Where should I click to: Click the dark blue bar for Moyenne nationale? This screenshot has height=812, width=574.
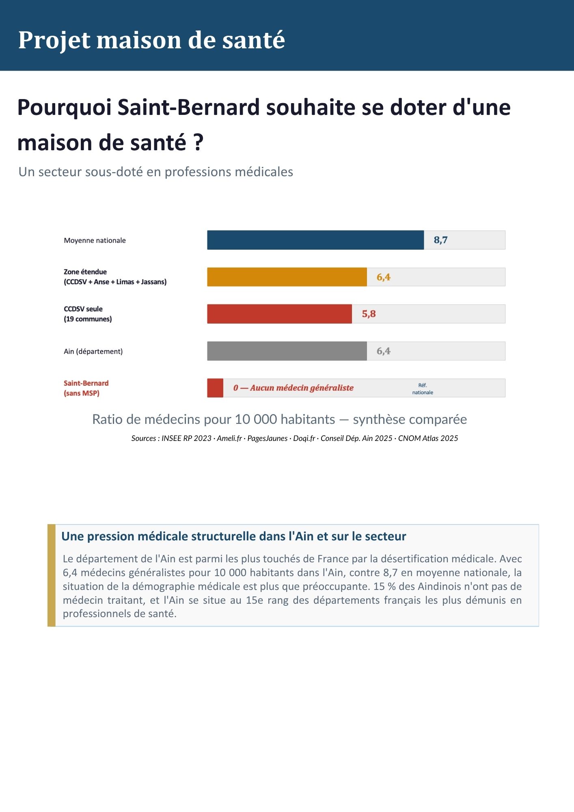(x=315, y=240)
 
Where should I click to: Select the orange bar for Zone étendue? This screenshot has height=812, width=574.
(x=287, y=277)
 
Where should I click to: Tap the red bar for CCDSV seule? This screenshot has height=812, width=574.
(x=280, y=314)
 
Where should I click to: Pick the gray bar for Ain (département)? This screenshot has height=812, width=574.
(x=287, y=351)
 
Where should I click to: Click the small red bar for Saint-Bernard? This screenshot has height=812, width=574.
(x=215, y=388)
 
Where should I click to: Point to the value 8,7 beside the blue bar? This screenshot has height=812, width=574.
(x=440, y=240)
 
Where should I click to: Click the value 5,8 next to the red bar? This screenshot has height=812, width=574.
(x=369, y=314)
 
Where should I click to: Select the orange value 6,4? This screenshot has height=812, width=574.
(x=384, y=277)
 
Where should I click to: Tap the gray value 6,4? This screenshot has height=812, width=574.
(x=384, y=351)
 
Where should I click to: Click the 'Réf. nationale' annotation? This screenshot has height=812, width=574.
(x=423, y=389)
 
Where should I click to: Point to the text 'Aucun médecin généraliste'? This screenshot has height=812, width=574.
(x=302, y=388)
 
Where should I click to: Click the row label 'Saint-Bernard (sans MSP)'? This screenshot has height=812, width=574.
(x=86, y=388)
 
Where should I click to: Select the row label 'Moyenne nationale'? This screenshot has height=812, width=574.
(x=95, y=240)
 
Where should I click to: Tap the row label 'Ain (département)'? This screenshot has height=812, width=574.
(x=93, y=351)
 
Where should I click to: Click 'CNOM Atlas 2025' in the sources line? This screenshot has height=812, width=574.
(x=428, y=438)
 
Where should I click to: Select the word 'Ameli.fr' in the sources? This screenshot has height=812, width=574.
(x=229, y=438)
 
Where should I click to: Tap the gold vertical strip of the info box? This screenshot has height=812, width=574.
(x=52, y=575)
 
